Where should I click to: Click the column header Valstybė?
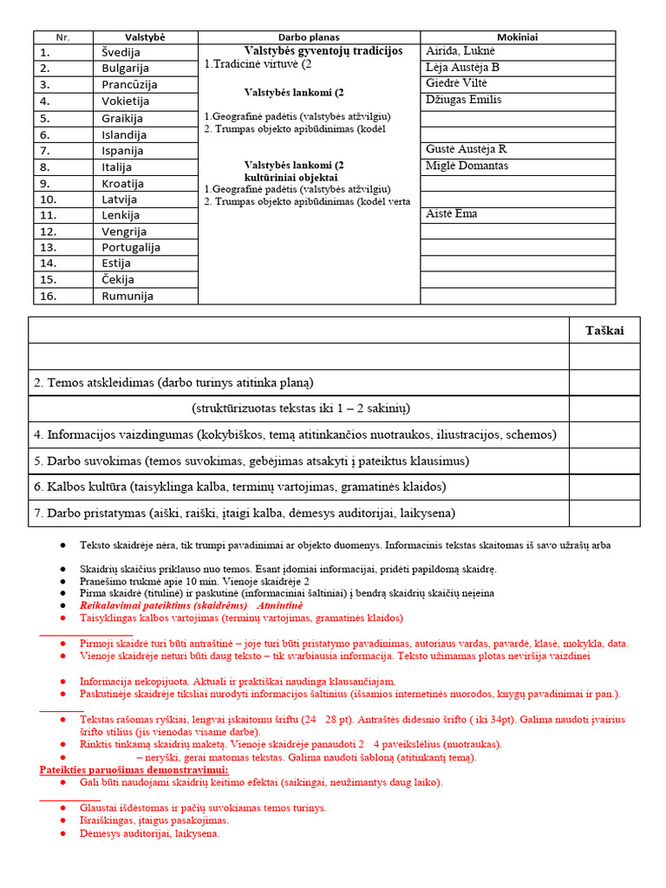(x=145, y=37)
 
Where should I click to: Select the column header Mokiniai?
(x=518, y=37)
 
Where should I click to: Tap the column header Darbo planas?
(x=309, y=37)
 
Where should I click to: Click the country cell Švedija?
(x=121, y=52)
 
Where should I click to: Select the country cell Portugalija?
(x=131, y=247)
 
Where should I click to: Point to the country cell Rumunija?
(x=127, y=296)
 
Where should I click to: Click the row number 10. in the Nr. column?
(x=49, y=199)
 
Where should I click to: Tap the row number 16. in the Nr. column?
(x=49, y=296)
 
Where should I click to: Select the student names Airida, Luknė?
(x=460, y=51)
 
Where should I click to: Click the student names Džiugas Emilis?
(x=464, y=100)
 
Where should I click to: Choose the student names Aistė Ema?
(x=452, y=213)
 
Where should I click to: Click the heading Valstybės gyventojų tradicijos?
(x=311, y=51)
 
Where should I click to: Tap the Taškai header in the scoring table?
(x=604, y=330)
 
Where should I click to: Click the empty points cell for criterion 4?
(x=604, y=434)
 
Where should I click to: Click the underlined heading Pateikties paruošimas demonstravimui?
(x=134, y=770)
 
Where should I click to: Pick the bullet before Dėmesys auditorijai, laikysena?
(x=63, y=834)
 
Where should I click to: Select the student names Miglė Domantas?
(x=467, y=166)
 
